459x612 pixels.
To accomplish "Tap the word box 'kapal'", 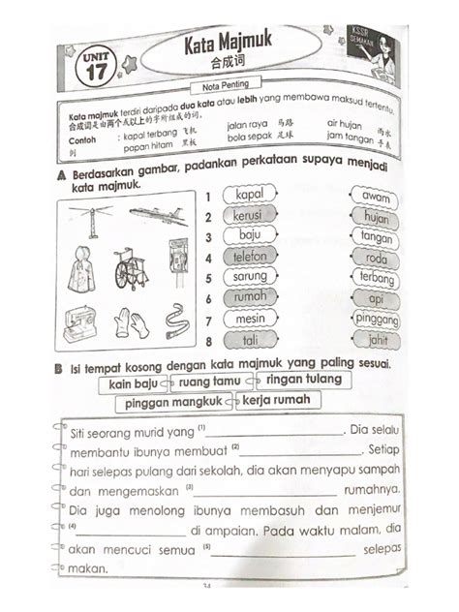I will tap(249, 197).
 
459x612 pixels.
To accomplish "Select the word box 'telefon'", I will tap(249, 258).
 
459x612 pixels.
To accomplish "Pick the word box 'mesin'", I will tap(249, 319).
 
